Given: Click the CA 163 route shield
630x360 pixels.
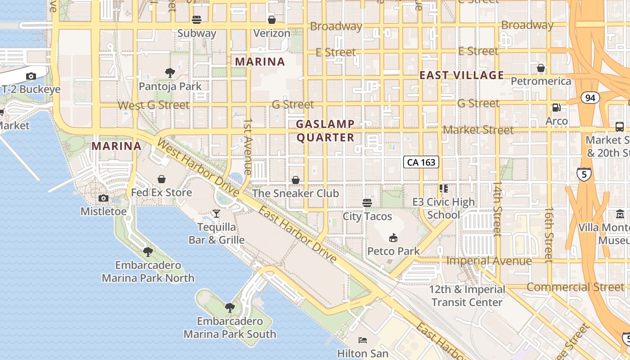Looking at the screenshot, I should click(421, 162).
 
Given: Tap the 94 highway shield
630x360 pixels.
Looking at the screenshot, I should click(590, 98).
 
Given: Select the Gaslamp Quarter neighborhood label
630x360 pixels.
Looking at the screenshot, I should click(325, 130).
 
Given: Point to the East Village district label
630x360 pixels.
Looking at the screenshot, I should click(462, 75).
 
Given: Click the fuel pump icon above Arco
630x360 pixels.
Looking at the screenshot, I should click(557, 108).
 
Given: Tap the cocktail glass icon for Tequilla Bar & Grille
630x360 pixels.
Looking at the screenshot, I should click(216, 213).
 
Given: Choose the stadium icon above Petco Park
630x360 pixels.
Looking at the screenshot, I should click(393, 237).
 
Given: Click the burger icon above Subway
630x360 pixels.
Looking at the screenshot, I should click(197, 19).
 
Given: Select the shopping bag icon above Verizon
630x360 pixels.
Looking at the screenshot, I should click(272, 19).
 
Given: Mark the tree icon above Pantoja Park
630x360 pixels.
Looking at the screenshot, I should click(170, 72).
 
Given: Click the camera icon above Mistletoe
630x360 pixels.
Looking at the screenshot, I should click(103, 198).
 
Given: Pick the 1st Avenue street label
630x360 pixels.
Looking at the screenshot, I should click(247, 147).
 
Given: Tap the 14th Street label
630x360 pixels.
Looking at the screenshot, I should click(497, 209).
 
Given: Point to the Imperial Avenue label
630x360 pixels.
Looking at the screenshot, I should click(489, 261).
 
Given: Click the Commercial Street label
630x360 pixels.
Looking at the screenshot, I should click(576, 287).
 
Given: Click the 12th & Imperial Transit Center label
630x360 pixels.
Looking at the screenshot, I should click(467, 296).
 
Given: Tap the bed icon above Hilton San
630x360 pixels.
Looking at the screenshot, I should click(363, 340).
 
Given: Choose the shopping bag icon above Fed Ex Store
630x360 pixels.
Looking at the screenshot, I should click(162, 179).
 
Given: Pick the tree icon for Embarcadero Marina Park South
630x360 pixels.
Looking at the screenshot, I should click(229, 308).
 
